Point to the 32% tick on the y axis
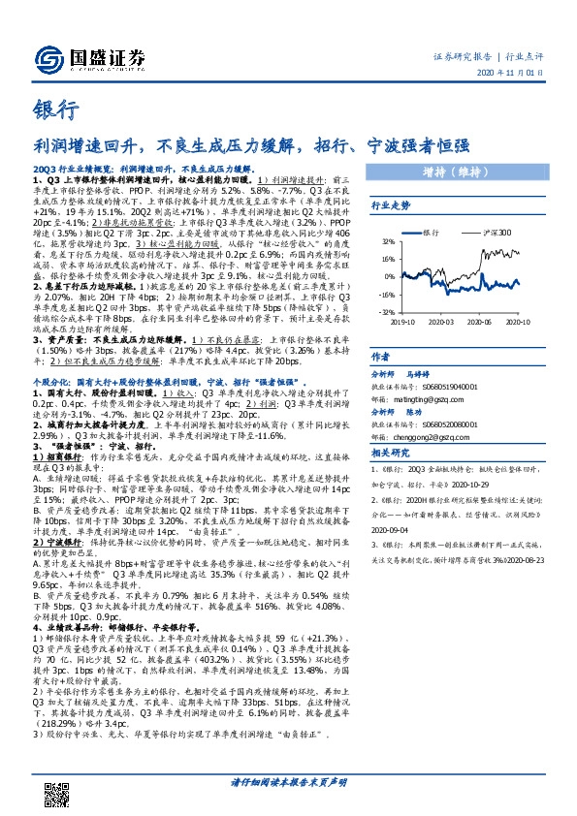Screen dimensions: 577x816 [389, 241]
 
